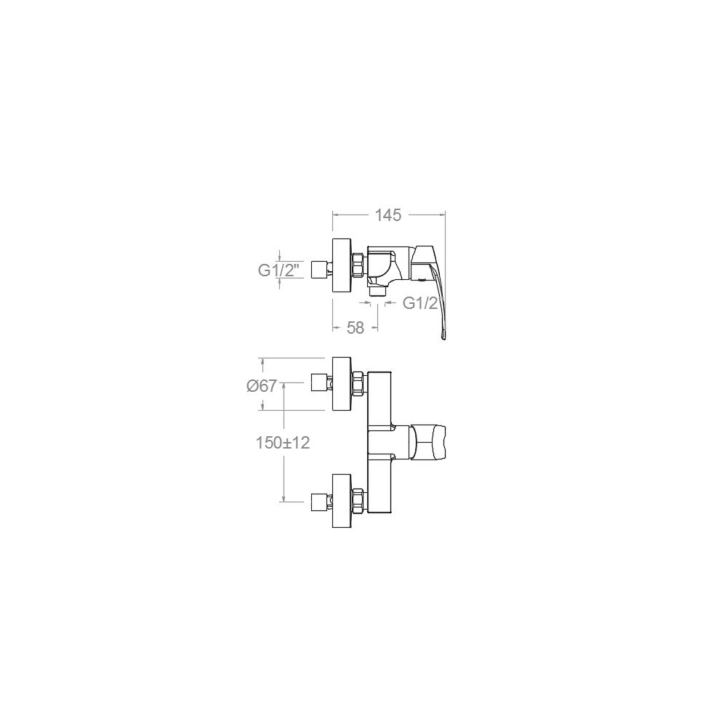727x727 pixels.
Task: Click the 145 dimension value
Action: click(x=388, y=215)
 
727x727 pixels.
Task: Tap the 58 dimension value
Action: click(x=356, y=328)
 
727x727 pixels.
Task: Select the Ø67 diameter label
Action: click(x=262, y=386)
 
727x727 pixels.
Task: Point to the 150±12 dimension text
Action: click(x=283, y=443)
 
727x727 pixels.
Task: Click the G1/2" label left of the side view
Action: click(x=281, y=270)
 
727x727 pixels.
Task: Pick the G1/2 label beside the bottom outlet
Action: click(x=420, y=303)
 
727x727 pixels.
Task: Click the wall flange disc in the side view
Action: click(x=342, y=265)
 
